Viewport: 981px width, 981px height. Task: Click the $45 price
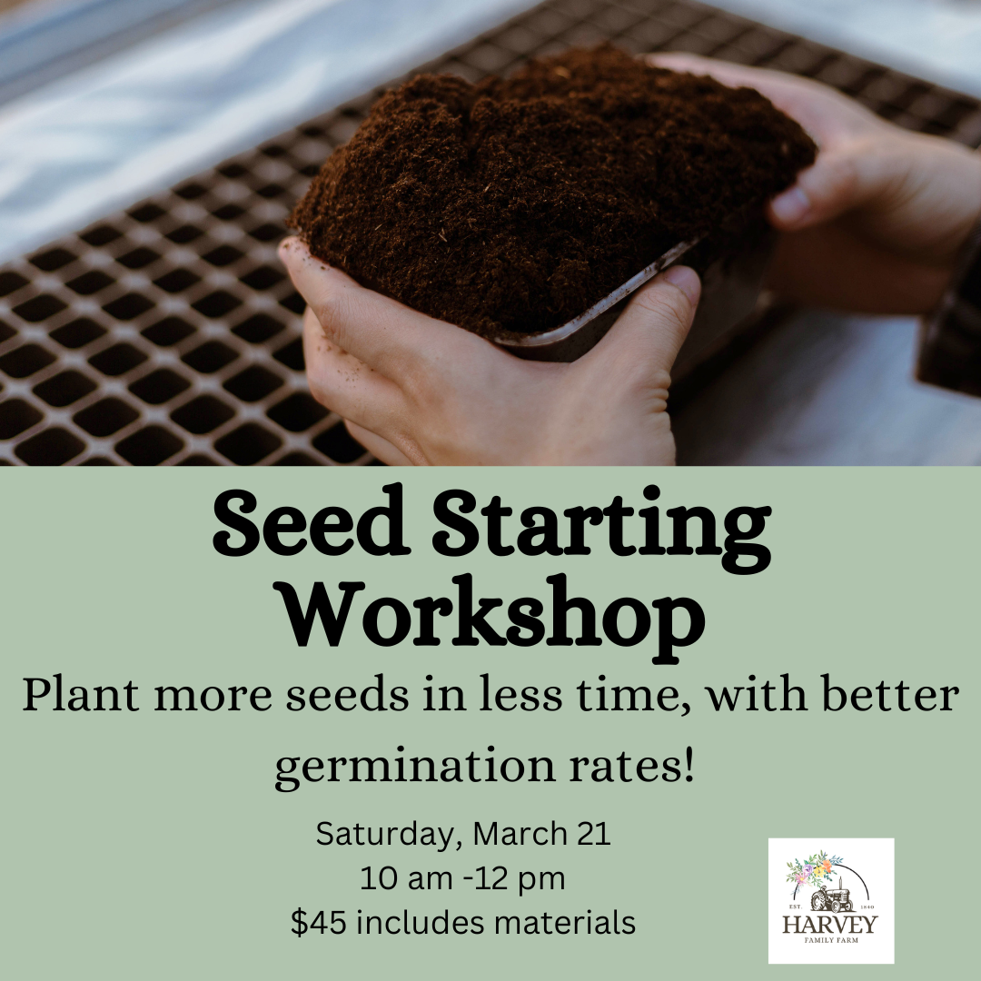tap(319, 923)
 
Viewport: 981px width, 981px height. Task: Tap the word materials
tap(565, 923)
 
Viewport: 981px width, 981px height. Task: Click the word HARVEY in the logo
tap(830, 925)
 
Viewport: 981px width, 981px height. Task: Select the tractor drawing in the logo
tap(831, 898)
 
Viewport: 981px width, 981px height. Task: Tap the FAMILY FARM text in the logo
tap(830, 942)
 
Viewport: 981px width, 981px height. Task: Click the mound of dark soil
tap(545, 182)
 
